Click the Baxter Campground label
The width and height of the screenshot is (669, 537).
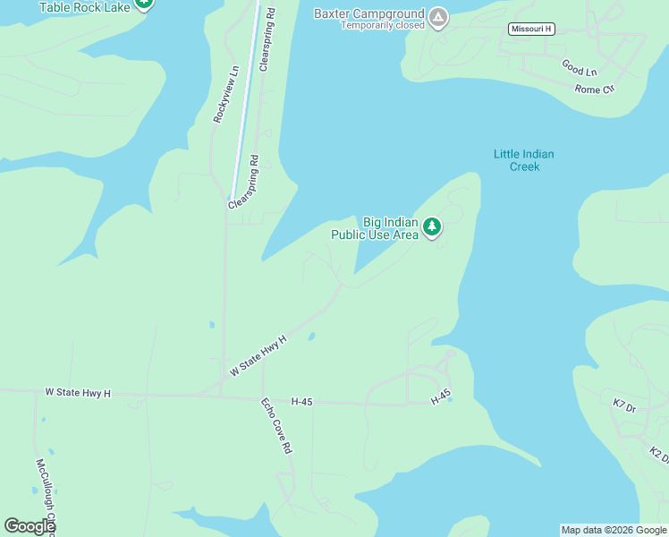[368, 13]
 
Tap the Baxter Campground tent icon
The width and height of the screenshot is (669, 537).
[437, 16]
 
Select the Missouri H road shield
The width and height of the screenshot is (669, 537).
[531, 29]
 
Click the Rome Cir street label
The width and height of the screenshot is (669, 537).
[596, 89]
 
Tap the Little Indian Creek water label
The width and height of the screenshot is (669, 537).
[523, 160]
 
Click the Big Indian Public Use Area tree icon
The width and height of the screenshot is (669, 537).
[433, 226]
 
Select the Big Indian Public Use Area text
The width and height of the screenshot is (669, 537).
[375, 228]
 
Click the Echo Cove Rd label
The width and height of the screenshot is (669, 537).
[277, 426]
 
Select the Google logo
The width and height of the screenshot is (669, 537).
[30, 526]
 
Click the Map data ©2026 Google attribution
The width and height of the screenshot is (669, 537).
[614, 530]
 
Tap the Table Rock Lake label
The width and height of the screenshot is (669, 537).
[84, 6]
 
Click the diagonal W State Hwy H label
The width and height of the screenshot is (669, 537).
[258, 355]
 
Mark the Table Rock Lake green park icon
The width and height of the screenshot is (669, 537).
[143, 4]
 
